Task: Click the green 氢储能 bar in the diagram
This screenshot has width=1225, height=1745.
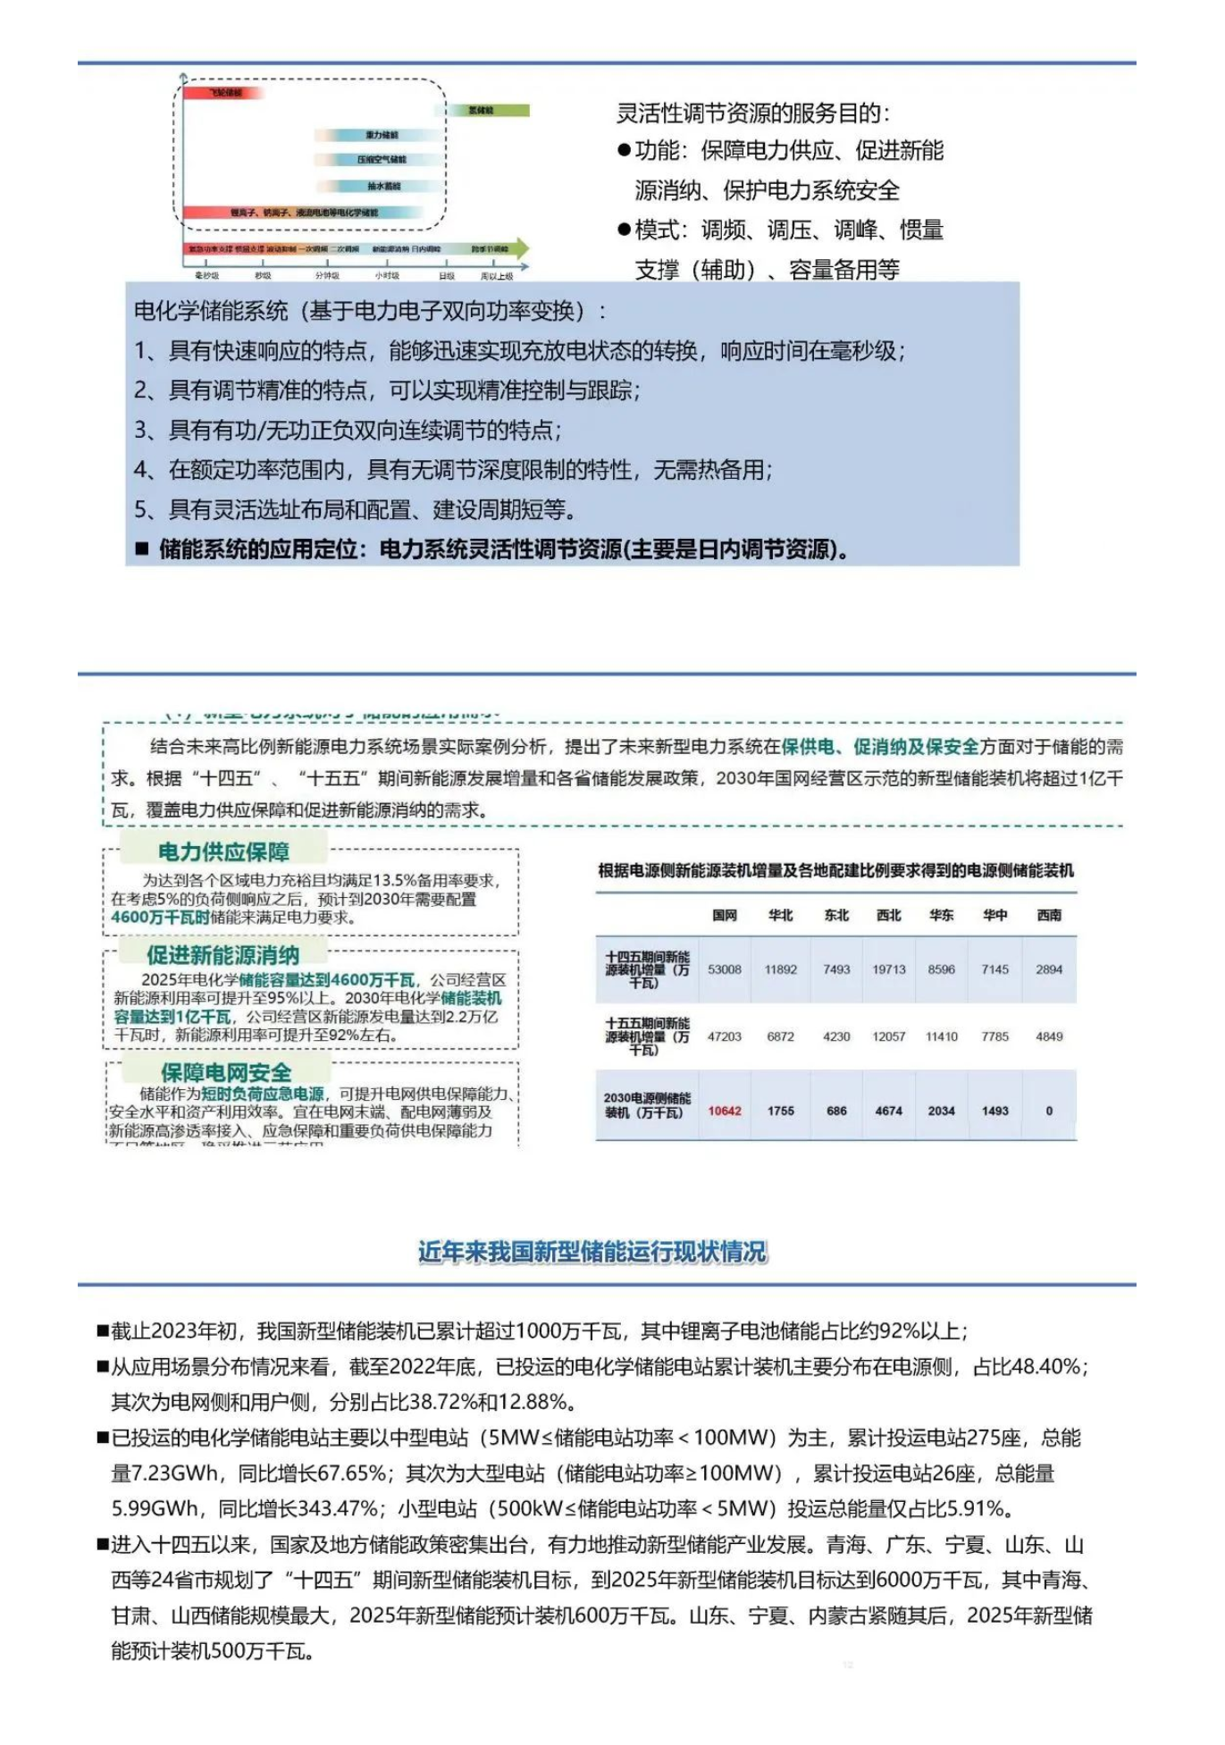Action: pos(488,110)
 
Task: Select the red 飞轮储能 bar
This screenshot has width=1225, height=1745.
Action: pos(223,92)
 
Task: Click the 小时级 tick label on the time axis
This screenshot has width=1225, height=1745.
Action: pos(387,276)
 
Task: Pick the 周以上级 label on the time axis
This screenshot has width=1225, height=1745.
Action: pos(497,276)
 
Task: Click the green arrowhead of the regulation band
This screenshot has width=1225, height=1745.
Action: pos(522,248)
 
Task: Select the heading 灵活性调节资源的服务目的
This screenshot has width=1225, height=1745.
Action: pos(752,113)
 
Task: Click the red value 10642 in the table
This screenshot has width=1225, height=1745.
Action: pos(725,1111)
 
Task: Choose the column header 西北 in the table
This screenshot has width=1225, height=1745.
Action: pos(889,915)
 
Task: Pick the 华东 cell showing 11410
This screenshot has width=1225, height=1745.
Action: pos(942,1036)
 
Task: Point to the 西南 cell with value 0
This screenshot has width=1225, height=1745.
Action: pos(1049,1111)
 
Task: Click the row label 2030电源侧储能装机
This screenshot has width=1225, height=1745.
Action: pos(646,1105)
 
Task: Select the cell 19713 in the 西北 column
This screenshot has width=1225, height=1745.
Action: pos(889,969)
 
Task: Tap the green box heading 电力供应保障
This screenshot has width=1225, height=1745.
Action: pos(223,852)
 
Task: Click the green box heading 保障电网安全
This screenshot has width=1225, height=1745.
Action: pos(225,1072)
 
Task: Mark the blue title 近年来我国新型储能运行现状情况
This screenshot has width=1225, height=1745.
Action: pos(592,1252)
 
